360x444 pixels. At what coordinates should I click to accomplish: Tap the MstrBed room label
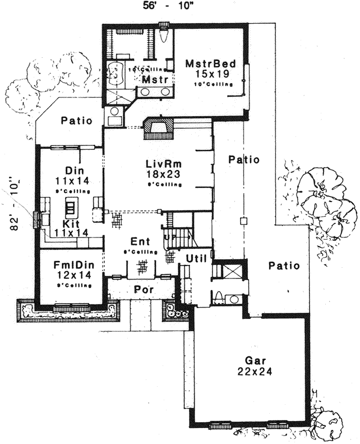[x=209, y=63]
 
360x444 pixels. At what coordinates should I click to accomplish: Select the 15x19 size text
[x=209, y=74]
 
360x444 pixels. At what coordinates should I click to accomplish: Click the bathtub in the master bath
[x=118, y=74]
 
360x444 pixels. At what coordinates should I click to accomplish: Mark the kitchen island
[x=71, y=208]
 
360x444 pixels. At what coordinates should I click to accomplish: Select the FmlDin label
[x=70, y=266]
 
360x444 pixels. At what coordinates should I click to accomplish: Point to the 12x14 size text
[x=70, y=276]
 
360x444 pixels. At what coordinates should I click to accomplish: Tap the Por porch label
[x=140, y=289]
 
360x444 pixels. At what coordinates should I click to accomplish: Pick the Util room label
[x=197, y=258]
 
